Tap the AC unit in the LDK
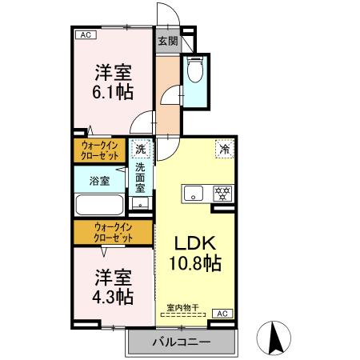click(222, 313)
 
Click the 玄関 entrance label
click(166, 41)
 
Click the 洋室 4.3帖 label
click(112, 286)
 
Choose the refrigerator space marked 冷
click(225, 149)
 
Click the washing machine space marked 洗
click(141, 149)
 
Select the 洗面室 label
click(140, 178)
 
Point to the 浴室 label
click(99, 181)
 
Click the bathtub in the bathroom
click(98, 205)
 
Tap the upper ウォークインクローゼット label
click(101, 150)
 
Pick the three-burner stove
click(222, 193)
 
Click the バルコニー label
click(182, 342)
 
